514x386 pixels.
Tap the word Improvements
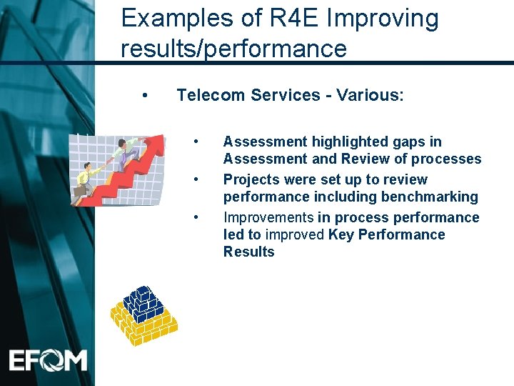[x=268, y=217]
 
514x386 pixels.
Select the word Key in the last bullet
[x=341, y=234]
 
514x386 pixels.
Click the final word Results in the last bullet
[x=248, y=252]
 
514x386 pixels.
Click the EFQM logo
[x=49, y=359]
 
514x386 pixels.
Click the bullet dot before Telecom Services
[x=145, y=95]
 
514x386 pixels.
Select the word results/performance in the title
[x=233, y=49]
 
